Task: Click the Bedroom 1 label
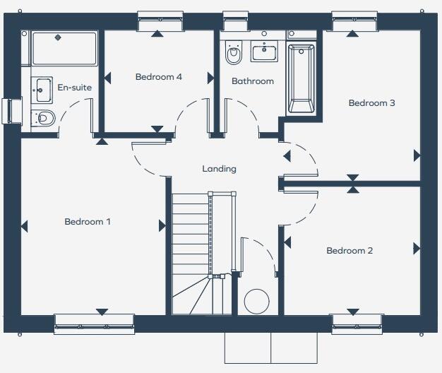(x=88, y=222)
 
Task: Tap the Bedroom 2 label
(x=350, y=251)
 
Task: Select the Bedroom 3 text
(x=371, y=103)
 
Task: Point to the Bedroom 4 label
(x=159, y=77)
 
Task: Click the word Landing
(x=219, y=169)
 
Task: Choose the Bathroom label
(x=253, y=81)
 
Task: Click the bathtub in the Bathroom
(x=301, y=78)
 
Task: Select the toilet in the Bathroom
(x=233, y=52)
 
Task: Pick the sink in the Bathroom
(x=268, y=52)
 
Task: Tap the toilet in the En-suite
(x=44, y=118)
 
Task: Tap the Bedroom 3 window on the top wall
(x=352, y=20)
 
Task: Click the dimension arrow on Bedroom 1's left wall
(x=25, y=227)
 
